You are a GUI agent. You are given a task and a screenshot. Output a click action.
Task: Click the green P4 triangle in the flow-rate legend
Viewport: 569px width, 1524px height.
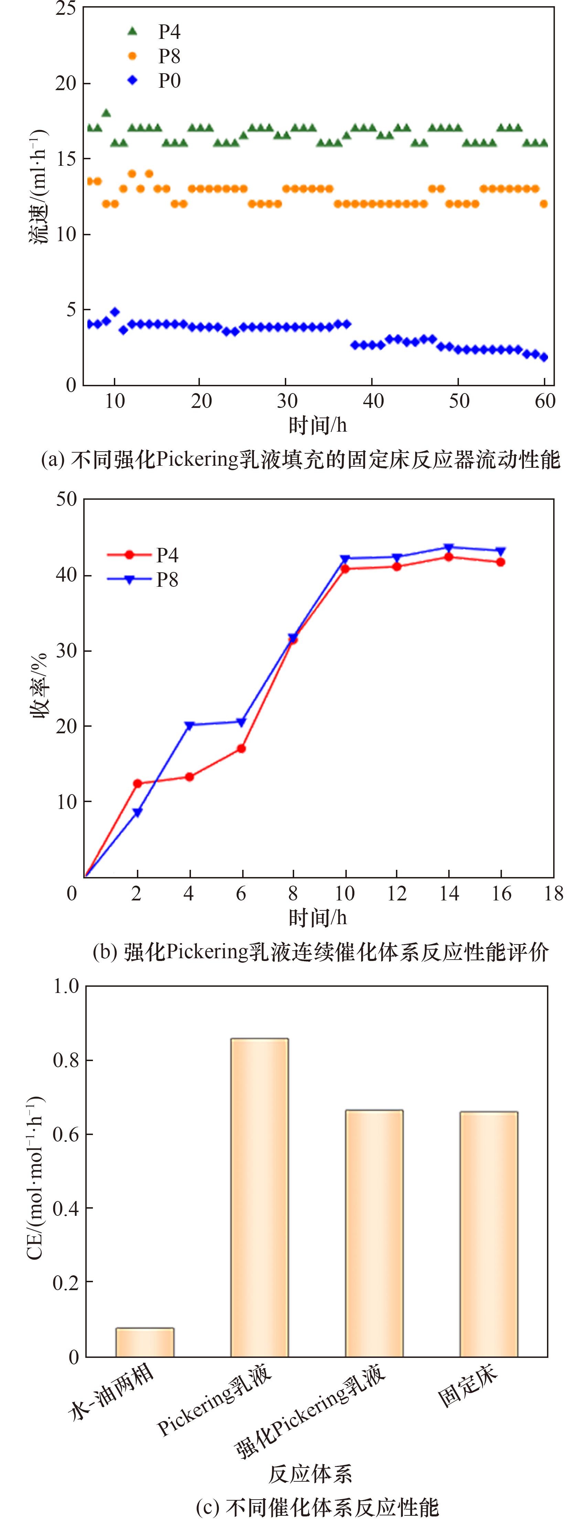(x=132, y=31)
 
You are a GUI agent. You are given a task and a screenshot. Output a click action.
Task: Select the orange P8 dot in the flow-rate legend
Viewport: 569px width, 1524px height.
(x=132, y=56)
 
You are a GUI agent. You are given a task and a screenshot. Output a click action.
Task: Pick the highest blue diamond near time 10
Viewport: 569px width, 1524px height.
(x=115, y=312)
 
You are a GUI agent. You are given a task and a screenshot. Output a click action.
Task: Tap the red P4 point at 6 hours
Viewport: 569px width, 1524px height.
(x=241, y=748)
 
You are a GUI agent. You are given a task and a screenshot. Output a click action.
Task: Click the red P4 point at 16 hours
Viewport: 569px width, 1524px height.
(x=501, y=562)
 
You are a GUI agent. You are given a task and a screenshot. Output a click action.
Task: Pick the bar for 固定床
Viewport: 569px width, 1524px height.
(x=489, y=1235)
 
